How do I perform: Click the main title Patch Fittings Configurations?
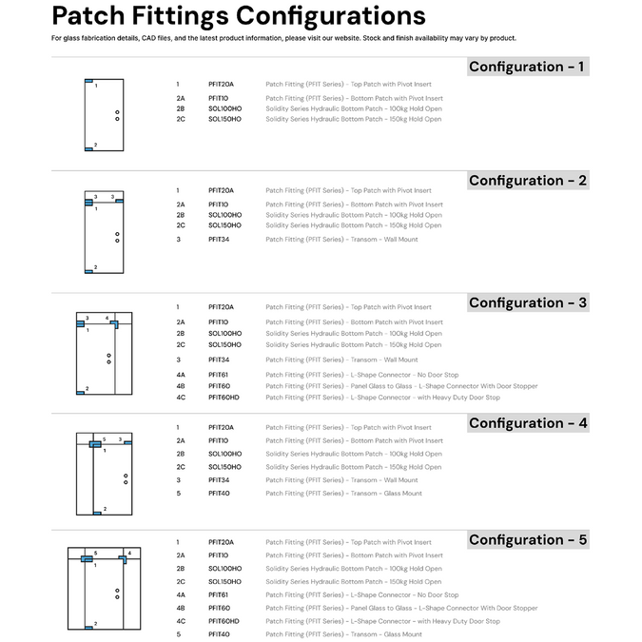click(238, 16)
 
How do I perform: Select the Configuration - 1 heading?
click(528, 67)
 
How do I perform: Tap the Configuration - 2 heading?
click(528, 181)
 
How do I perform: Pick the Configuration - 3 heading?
click(528, 303)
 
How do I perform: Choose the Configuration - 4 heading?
click(528, 423)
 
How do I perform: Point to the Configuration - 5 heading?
click(528, 540)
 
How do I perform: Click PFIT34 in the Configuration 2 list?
click(219, 240)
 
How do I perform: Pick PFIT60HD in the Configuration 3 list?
click(224, 398)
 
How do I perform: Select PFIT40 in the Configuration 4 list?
click(219, 494)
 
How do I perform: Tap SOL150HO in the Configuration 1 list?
click(224, 120)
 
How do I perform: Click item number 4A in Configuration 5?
click(180, 595)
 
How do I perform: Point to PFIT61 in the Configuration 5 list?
click(219, 595)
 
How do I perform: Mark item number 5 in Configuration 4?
click(178, 494)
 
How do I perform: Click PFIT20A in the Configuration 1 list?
click(221, 85)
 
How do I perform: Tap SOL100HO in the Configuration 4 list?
click(224, 455)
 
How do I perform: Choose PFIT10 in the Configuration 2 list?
click(218, 204)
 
